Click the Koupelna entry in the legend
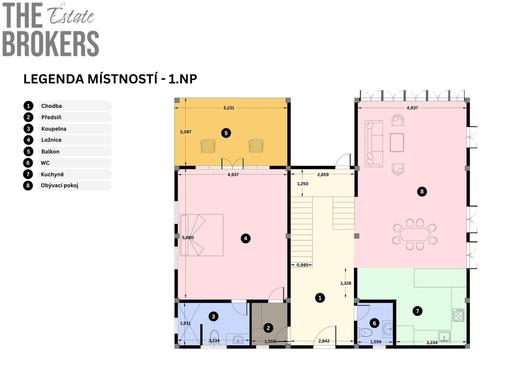54,128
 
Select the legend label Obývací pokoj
60,186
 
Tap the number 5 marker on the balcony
226,133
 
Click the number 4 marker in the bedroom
246,239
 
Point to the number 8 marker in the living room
422,191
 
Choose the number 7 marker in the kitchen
417,311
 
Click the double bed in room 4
201,235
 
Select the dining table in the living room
415,234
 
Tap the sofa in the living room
374,143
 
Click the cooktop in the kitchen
458,315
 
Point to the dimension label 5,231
229,108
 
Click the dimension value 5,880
188,238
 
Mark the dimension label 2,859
323,175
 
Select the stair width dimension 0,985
303,265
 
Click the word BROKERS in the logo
51,44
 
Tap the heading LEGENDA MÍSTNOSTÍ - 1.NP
110,79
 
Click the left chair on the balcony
208,146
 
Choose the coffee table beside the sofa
397,142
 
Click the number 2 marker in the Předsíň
268,328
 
